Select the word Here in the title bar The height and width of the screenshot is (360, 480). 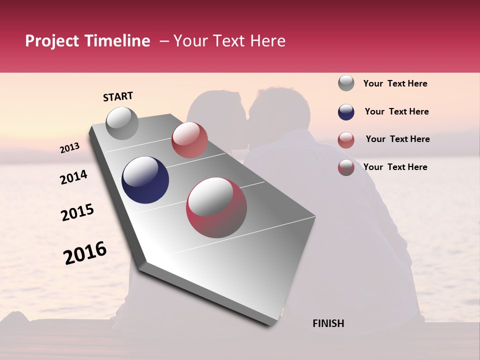point(267,41)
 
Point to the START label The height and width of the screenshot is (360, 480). point(118,96)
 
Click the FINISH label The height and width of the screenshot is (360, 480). point(328,323)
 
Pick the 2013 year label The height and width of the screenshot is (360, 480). point(69,148)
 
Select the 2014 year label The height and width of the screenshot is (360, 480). point(73,177)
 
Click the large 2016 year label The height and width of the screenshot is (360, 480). point(85,252)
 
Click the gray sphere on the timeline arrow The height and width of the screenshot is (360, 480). point(122,123)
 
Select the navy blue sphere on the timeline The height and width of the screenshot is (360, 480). point(145,180)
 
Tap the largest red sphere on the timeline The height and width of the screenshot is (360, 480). point(216,207)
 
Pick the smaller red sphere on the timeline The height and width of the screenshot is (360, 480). point(189,140)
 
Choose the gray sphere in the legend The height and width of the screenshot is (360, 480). point(346,83)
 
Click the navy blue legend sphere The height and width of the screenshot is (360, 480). point(346,112)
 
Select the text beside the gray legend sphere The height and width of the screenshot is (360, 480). point(395,84)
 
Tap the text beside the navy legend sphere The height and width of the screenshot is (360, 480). point(396,111)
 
